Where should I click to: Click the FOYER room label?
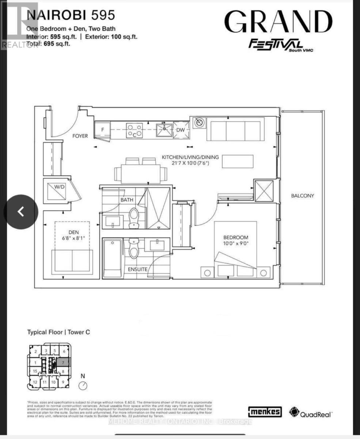pos(80,136)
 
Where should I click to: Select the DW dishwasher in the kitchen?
pos(181,130)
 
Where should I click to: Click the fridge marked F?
pos(102,130)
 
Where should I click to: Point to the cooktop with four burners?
pos(134,131)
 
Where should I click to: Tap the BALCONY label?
pos(302,196)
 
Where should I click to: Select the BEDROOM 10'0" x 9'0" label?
pos(236,240)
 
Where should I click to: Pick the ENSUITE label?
pos(137,269)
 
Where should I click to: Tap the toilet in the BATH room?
pos(134,217)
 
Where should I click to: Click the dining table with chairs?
pos(140,172)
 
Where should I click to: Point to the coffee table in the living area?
pos(238,161)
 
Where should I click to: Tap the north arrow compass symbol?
pos(83,385)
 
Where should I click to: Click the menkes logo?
pos(265,412)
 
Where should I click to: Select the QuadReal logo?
pos(311,413)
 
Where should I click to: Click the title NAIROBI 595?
pos(71,15)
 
